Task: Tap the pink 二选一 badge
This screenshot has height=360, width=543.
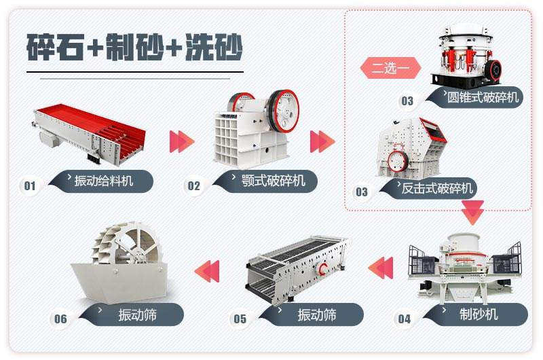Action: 390,69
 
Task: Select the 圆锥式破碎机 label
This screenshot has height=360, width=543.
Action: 482,97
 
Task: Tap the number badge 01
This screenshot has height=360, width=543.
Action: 29,185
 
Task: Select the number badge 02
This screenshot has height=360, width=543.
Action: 194,185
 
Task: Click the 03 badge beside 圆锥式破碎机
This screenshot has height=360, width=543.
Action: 407,101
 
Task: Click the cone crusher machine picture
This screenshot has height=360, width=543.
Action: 466,54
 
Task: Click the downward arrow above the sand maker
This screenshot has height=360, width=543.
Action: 472,213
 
